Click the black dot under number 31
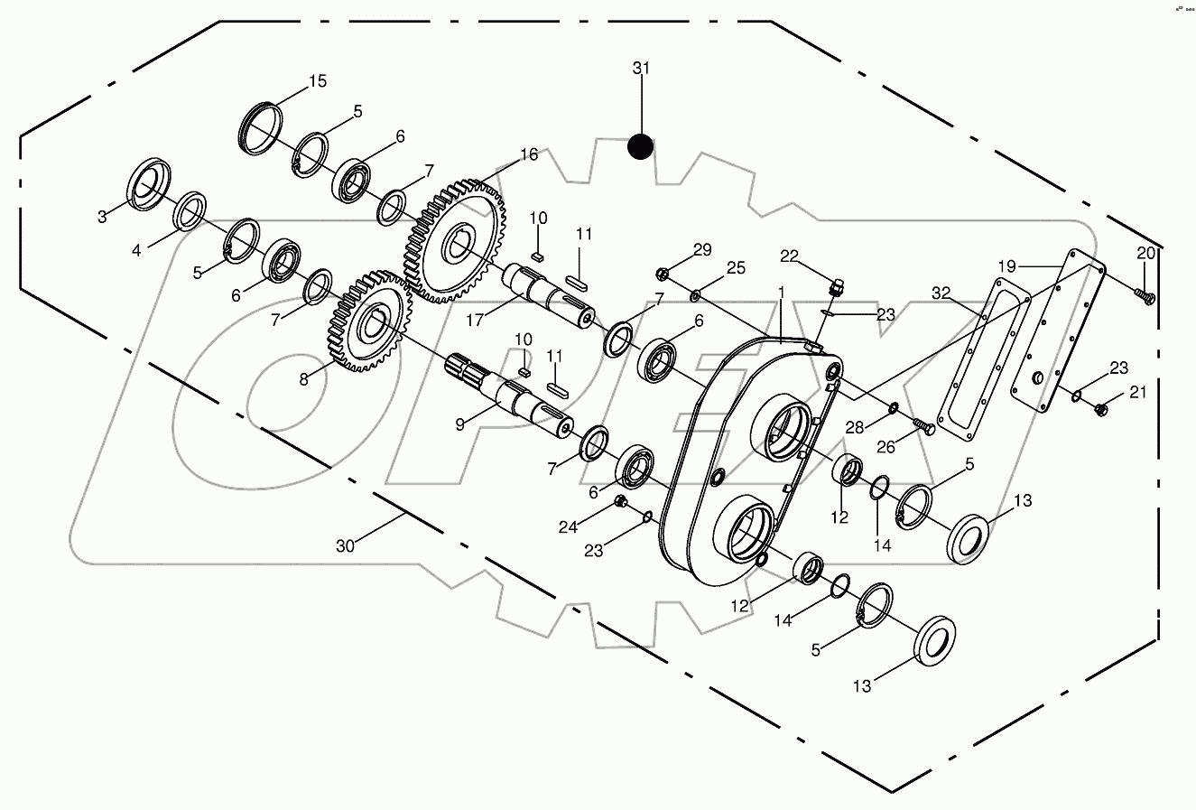pyautogui.click(x=640, y=146)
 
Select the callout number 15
pyautogui.click(x=318, y=81)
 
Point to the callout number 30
pyautogui.click(x=345, y=545)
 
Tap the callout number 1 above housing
pyautogui.click(x=782, y=293)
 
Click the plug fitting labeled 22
pyautogui.click(x=837, y=288)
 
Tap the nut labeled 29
pyautogui.click(x=662, y=272)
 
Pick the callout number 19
pyautogui.click(x=1006, y=266)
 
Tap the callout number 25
pyautogui.click(x=736, y=267)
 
